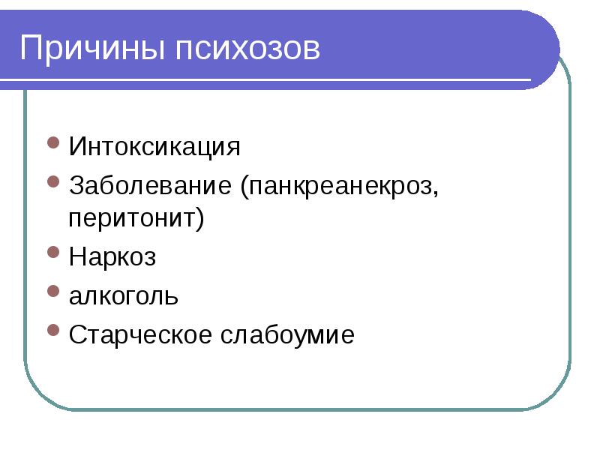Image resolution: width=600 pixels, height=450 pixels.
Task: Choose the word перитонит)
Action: click(136, 219)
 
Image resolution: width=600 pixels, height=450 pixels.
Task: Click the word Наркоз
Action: click(112, 256)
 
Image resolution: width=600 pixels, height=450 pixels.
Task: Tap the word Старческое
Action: click(140, 334)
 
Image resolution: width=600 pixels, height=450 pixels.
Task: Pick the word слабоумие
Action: click(286, 334)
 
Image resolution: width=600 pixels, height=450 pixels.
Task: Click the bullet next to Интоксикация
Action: click(53, 142)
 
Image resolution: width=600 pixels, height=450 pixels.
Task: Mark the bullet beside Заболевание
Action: click(53, 181)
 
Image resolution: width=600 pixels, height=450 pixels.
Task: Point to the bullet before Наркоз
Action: click(53, 253)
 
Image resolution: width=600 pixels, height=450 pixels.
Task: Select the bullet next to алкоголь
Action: click(53, 292)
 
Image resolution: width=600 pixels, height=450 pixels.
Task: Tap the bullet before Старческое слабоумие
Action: click(53, 330)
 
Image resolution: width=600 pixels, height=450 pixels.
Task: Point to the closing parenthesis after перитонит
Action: click(200, 220)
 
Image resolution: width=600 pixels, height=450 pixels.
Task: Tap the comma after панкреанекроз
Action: click(434, 193)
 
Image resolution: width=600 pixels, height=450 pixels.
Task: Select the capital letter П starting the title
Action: click(30, 49)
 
